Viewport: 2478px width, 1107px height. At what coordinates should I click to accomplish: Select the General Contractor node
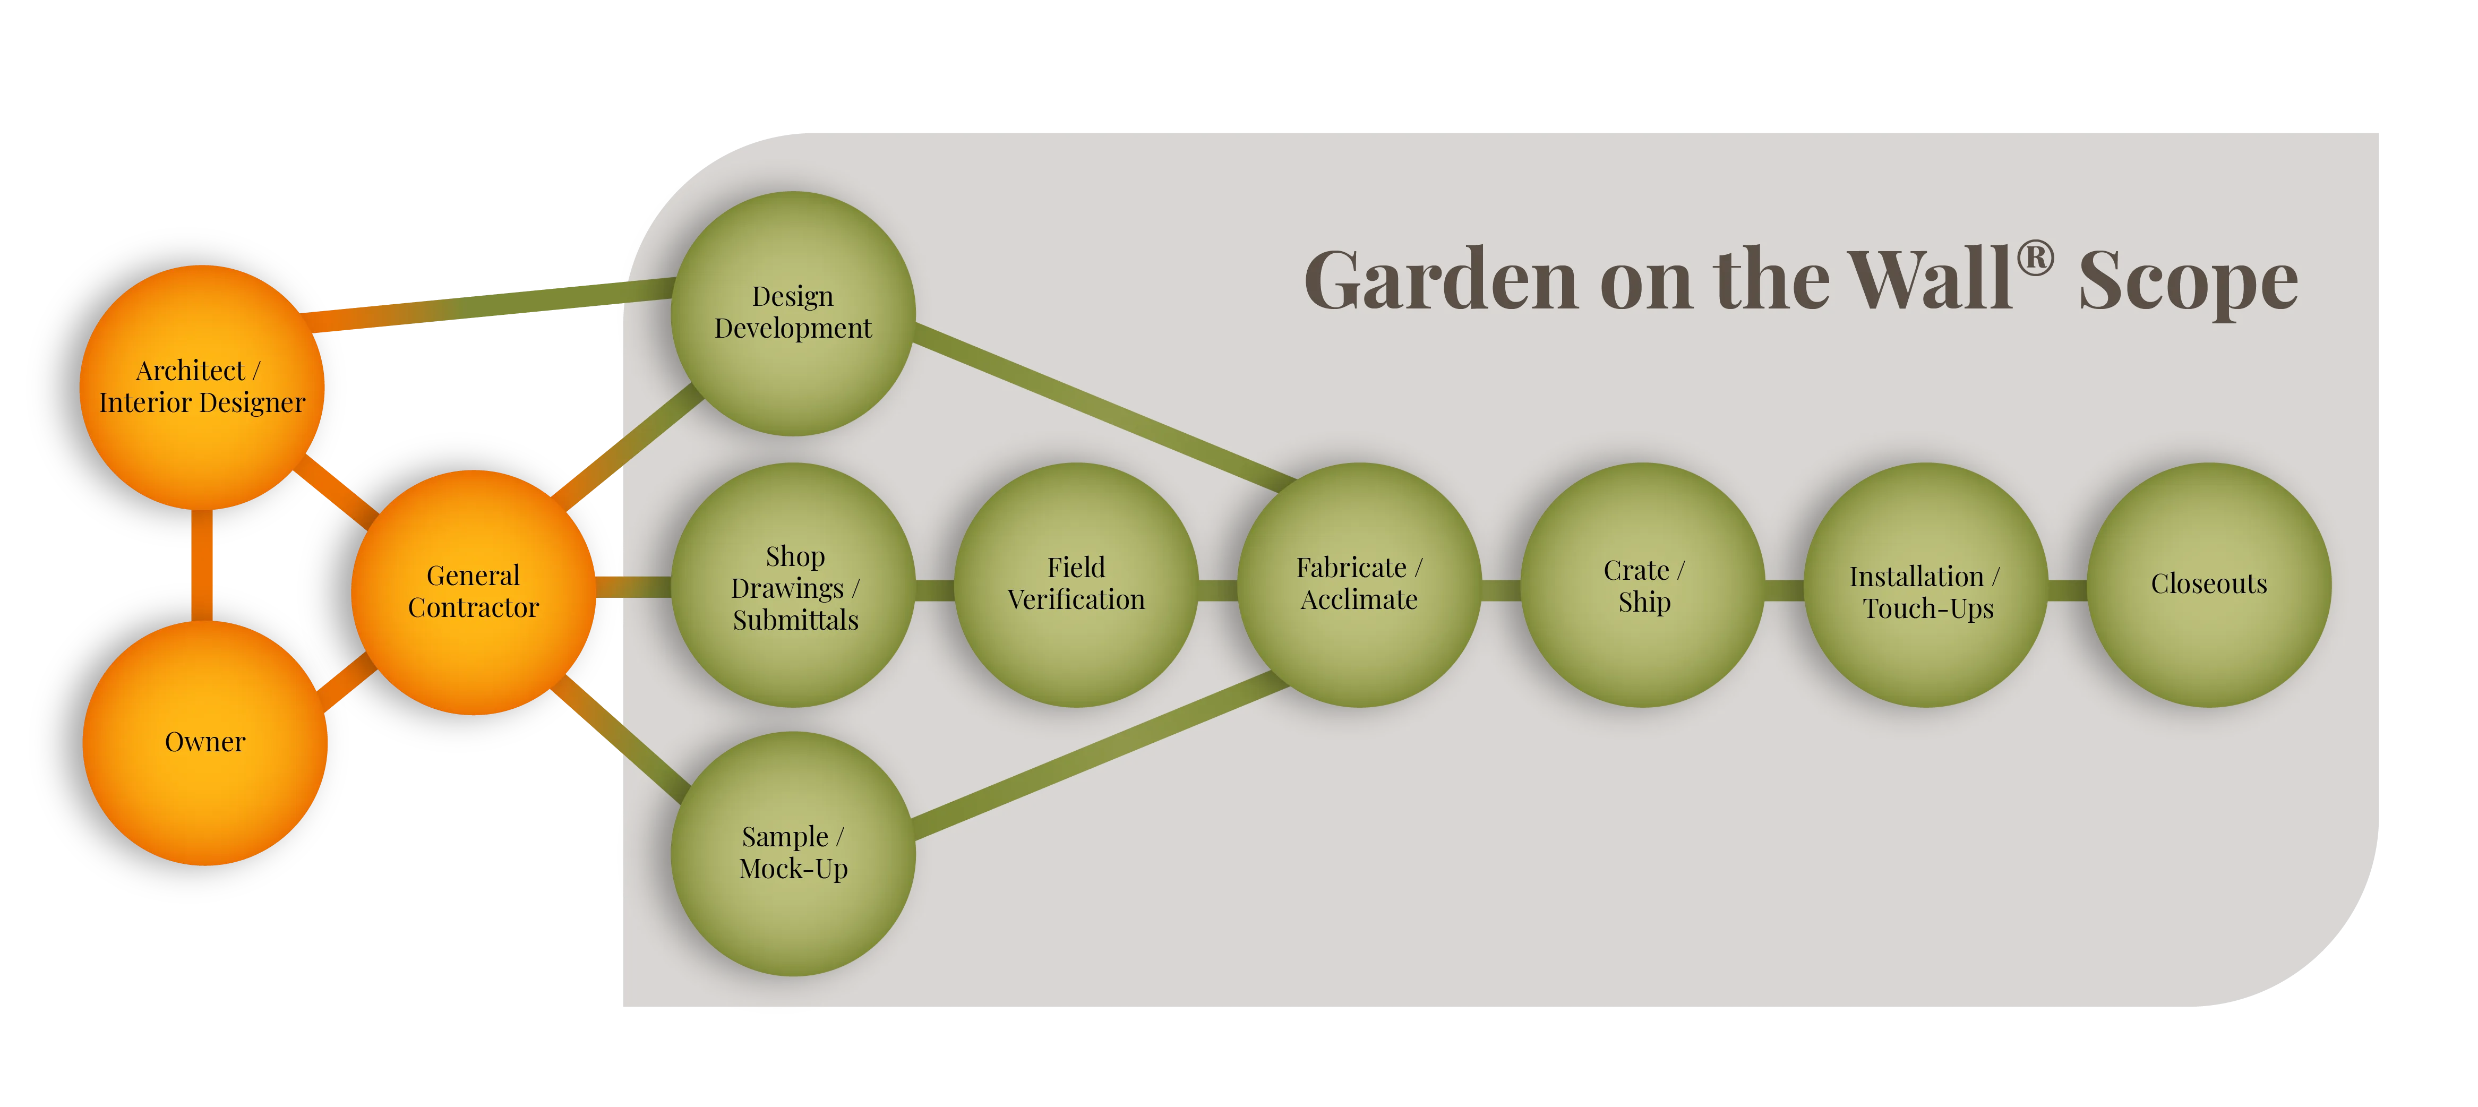coord(473,591)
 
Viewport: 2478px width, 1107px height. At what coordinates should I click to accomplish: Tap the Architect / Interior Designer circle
coord(201,387)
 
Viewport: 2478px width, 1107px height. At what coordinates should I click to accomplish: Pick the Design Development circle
coord(793,313)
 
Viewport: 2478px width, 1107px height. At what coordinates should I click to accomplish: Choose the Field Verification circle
coord(1076,585)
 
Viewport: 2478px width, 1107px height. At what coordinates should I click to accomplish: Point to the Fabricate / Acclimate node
coord(1358,585)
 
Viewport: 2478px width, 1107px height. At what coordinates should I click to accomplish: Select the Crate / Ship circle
coord(1642,585)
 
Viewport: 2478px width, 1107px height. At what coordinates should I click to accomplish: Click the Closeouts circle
coord(2209,585)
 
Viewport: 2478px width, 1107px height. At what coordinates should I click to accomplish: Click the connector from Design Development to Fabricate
coord(1101,404)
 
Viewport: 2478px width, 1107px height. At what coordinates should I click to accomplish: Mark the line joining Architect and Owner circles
coord(202,565)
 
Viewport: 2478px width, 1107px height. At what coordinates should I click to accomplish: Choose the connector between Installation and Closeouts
coord(2067,589)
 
